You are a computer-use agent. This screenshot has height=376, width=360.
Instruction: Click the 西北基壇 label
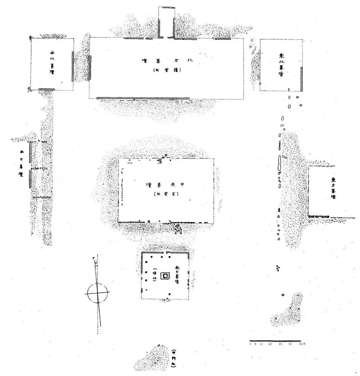[52, 63]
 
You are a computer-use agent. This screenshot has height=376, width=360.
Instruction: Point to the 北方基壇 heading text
[168, 61]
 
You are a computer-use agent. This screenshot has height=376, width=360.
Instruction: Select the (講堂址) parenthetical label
[167, 71]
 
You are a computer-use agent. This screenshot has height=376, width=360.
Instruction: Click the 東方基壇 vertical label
[333, 188]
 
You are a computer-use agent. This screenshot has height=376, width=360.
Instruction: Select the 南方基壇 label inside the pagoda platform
[177, 275]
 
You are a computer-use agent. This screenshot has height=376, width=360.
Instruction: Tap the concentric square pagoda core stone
[166, 276]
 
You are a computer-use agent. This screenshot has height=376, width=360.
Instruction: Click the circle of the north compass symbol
[97, 293]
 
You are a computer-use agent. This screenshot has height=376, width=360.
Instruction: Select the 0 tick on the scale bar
[251, 344]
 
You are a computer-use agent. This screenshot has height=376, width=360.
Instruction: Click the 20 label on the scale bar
[270, 344]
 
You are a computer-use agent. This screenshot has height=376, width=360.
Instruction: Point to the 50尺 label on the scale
[302, 344]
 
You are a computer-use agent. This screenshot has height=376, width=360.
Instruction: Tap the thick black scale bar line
[275, 341]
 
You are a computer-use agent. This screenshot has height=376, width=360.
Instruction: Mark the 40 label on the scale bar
[290, 344]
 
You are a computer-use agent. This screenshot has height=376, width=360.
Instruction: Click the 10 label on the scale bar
[261, 344]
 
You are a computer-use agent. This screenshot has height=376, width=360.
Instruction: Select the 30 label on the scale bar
[280, 344]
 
